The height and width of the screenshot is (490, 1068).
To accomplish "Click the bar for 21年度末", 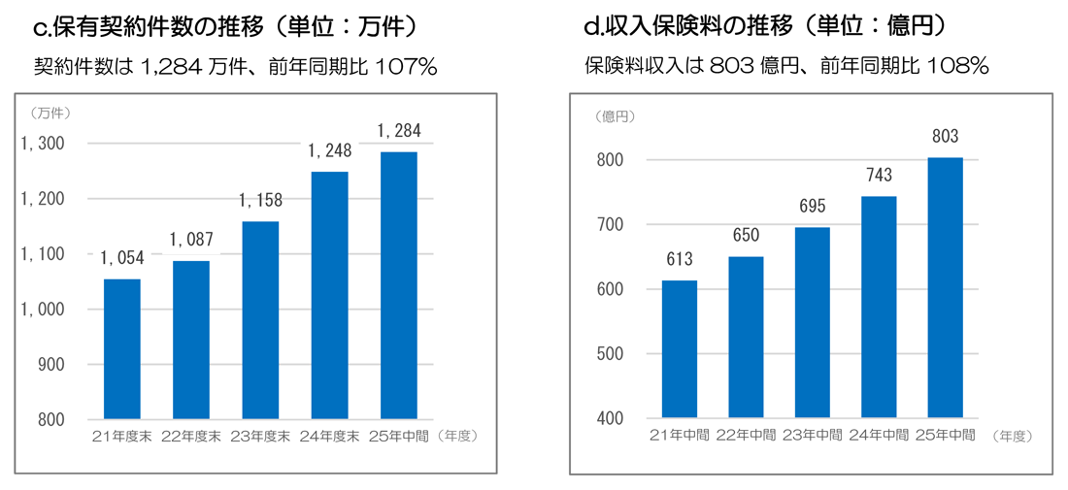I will [x=121, y=349].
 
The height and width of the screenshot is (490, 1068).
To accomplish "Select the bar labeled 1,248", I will [x=329, y=295].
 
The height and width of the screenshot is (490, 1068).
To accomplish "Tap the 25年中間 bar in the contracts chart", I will [x=398, y=285].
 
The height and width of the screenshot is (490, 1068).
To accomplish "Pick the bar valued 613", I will [x=680, y=349].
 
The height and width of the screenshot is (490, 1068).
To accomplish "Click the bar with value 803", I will [x=944, y=288].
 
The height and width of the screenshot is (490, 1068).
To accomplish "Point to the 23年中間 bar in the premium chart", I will [x=812, y=323].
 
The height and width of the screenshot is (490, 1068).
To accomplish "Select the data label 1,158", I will [x=259, y=201].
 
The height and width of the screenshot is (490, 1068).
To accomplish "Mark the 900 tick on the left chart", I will [x=50, y=365].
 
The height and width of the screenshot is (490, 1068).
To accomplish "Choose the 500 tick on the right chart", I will [x=608, y=354].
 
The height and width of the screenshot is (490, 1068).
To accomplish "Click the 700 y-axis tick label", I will [x=608, y=224].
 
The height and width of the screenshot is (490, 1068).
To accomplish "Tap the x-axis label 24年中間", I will [x=878, y=435].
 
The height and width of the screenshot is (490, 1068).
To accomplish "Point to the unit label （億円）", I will [x=615, y=116].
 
